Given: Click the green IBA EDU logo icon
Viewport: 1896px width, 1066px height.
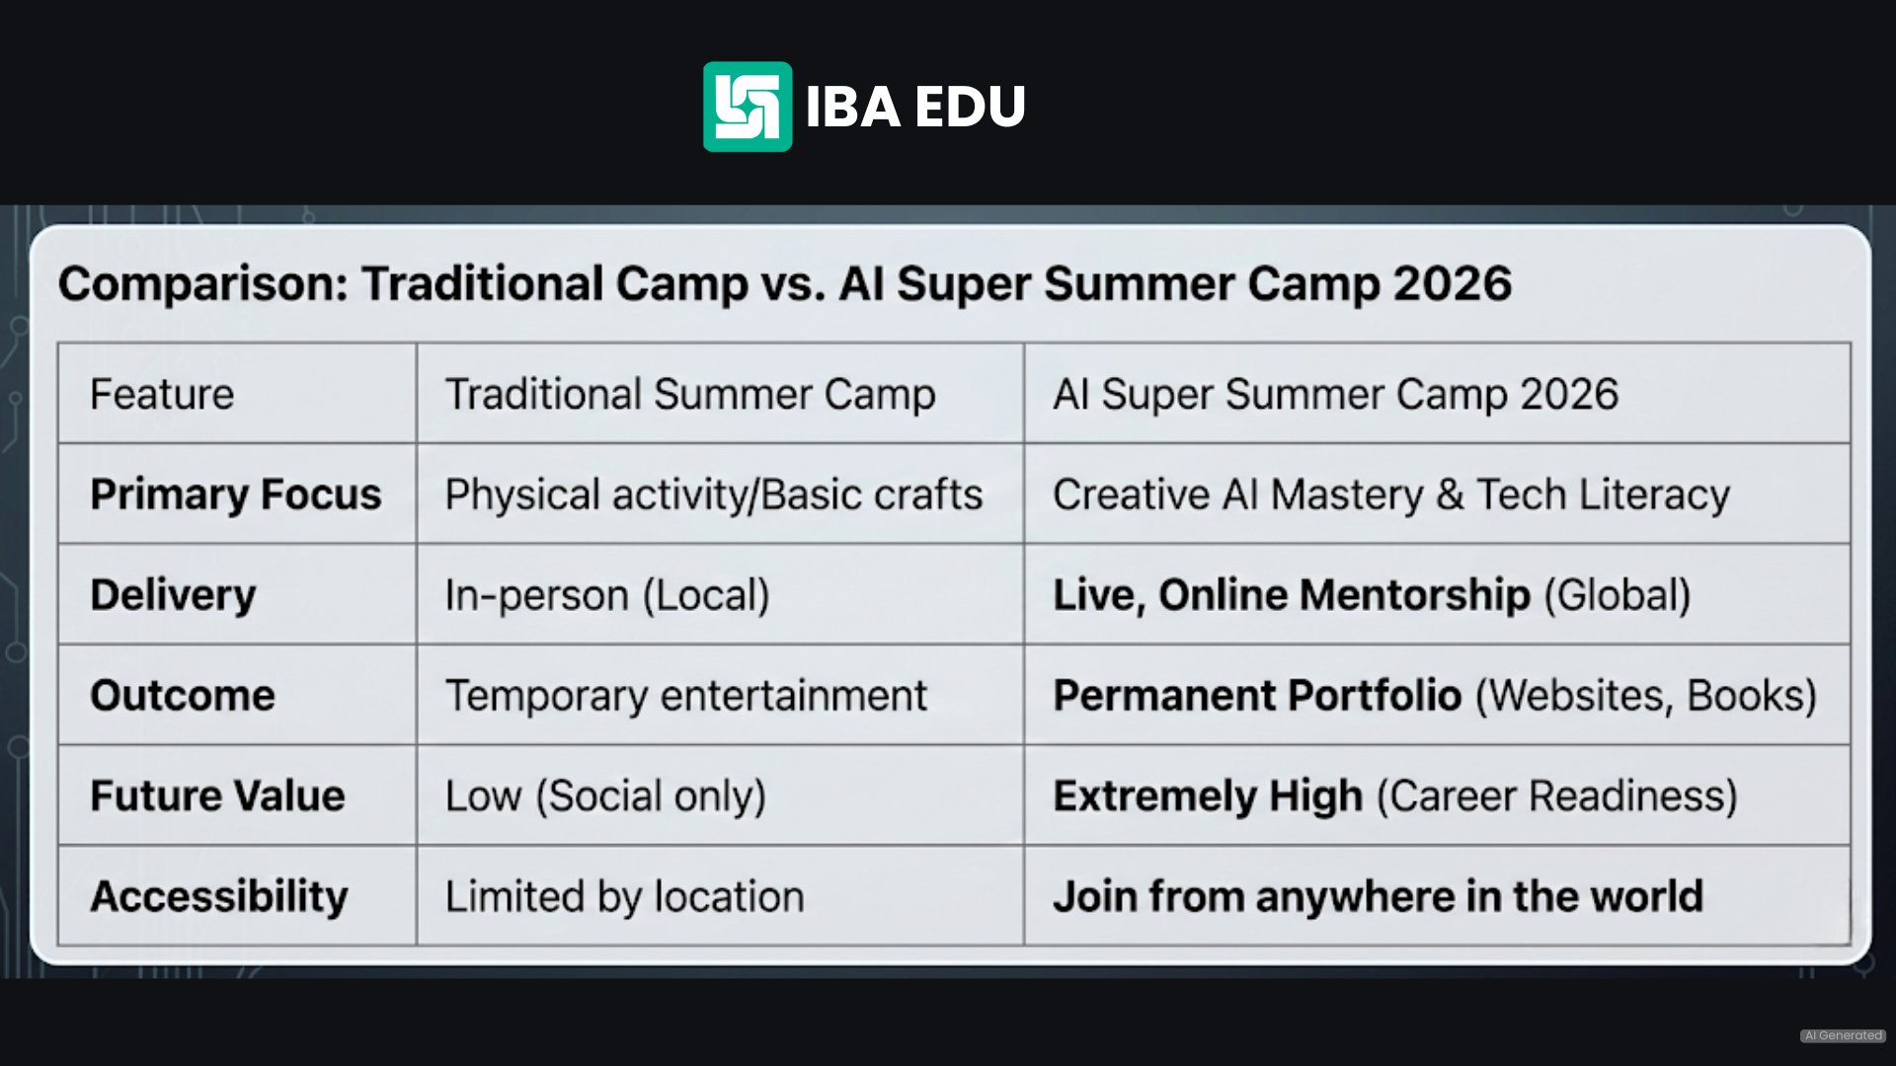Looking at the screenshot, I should tap(747, 107).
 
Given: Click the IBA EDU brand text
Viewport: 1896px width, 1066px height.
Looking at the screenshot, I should tap(915, 107).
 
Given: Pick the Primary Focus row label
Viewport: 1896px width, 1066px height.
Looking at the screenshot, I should tap(235, 495).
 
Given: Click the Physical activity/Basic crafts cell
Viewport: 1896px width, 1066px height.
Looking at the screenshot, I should tap(713, 495).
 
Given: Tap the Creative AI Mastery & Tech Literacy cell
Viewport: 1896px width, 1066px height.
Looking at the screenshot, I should tap(1390, 495).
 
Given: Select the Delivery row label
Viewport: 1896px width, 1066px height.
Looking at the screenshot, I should tap(173, 595).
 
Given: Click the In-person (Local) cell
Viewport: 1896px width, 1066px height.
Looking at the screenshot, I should tap(606, 595).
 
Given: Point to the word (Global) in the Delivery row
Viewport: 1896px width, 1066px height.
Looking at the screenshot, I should tap(1618, 595).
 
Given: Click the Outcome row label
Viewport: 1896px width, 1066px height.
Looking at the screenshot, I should tap(183, 696).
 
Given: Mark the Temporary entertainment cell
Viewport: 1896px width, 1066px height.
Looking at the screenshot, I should tap(685, 696).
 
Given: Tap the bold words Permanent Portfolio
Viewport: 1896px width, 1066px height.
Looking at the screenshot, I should tap(1256, 696).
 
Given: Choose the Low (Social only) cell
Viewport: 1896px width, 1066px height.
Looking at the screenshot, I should tap(604, 797).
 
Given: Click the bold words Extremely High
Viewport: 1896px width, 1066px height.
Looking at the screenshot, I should tap(1207, 797).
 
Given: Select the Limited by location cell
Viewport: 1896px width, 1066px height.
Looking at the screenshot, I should tap(624, 897).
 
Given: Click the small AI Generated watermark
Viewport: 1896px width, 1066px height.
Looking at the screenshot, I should tap(1843, 1035).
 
